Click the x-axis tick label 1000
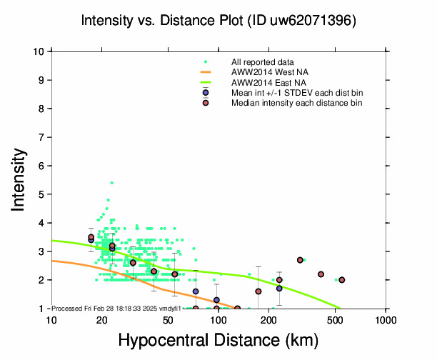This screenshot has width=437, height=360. (x=386, y=319)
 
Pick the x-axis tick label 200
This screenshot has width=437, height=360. (x=269, y=319)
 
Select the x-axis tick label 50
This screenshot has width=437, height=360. (x=169, y=319)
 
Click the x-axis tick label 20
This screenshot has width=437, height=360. (x=101, y=319)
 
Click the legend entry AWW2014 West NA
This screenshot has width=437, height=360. (x=265, y=72)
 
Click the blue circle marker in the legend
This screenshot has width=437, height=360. (x=206, y=93)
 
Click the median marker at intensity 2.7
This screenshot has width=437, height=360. (x=300, y=260)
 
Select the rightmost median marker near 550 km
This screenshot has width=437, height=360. (x=342, y=280)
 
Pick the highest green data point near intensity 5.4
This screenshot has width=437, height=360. (x=111, y=183)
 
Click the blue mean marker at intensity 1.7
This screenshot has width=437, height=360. (x=279, y=289)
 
